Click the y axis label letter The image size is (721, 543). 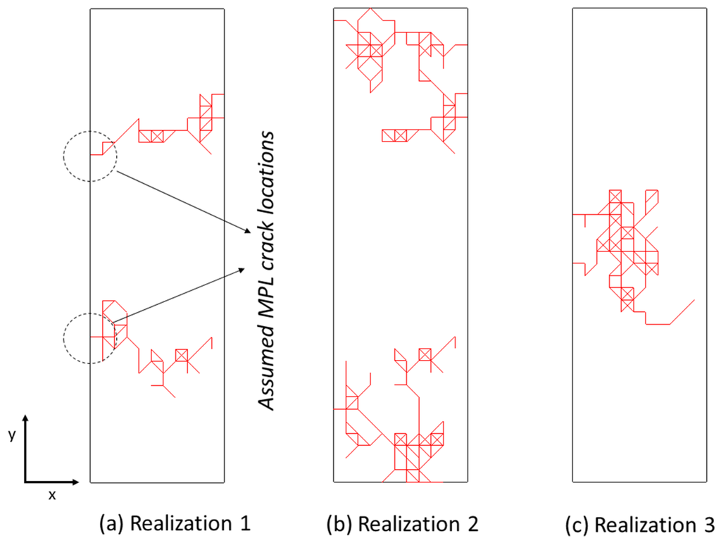click(x=11, y=436)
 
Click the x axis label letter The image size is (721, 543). click(x=51, y=494)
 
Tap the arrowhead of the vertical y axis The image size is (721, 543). click(x=25, y=421)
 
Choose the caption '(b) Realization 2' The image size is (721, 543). click(x=402, y=523)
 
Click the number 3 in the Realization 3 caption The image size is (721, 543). click(x=709, y=525)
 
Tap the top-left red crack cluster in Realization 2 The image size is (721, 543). click(x=366, y=49)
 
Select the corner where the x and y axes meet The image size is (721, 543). click(x=25, y=482)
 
